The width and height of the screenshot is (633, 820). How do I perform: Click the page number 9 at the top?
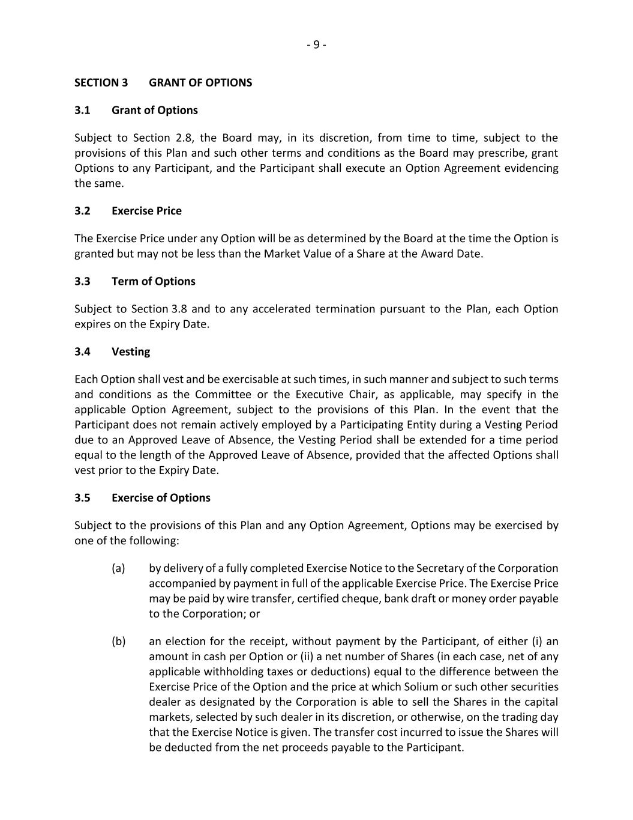click(x=316, y=44)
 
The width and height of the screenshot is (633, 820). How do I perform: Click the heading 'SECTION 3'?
click(x=101, y=82)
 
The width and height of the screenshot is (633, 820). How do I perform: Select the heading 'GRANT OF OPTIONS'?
click(x=200, y=82)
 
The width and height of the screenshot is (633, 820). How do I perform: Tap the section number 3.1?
click(x=82, y=110)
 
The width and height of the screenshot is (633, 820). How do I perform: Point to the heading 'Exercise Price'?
click(x=146, y=211)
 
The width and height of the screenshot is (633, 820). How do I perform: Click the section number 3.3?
click(x=82, y=281)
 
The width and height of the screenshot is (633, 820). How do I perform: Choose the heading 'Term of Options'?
click(x=153, y=281)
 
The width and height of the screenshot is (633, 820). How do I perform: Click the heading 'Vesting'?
click(x=131, y=351)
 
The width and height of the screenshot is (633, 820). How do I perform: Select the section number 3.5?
click(x=82, y=497)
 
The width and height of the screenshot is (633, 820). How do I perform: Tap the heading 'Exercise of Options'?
click(x=161, y=497)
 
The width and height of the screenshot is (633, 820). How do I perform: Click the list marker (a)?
click(x=118, y=568)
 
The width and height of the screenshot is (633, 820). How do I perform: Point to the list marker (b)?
click(x=118, y=641)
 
